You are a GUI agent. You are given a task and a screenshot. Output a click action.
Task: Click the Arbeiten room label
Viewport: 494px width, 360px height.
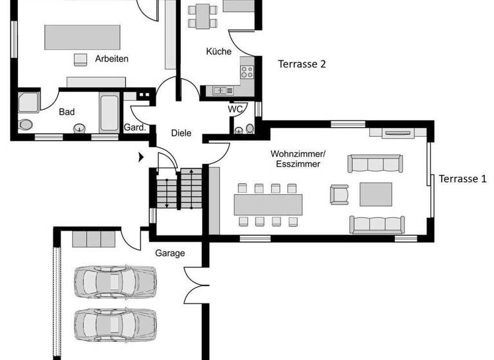coord(111,59)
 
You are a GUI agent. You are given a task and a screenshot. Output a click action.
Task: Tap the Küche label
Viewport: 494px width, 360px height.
coord(218,51)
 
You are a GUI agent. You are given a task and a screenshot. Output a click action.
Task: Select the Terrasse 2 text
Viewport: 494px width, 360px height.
coord(302,64)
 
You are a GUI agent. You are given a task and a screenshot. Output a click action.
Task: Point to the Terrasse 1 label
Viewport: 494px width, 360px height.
coord(462,179)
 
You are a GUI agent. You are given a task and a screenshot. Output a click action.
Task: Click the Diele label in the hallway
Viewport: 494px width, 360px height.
coord(181,133)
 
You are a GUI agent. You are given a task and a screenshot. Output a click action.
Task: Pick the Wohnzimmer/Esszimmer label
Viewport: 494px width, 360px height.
coord(298,159)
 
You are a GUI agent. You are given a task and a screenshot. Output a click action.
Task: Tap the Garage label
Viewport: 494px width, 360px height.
coord(170,253)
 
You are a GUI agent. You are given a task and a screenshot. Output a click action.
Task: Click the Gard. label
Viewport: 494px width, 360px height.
coord(135,127)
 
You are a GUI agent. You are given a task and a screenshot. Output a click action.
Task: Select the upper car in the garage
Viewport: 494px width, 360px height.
coord(115,281)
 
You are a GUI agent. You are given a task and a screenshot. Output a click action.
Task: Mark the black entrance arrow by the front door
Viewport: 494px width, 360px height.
coord(141,156)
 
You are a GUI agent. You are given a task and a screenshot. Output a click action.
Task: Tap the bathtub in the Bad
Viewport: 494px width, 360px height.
coord(109,113)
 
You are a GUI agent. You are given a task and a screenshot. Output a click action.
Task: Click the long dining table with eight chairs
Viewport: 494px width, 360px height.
coord(268,205)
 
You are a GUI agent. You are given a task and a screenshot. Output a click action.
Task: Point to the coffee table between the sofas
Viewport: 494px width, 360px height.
coord(376,194)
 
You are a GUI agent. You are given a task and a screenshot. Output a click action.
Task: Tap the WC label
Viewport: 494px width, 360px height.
coord(235,109)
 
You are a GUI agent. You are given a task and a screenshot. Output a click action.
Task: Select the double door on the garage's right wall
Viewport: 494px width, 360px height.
coord(196,284)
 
